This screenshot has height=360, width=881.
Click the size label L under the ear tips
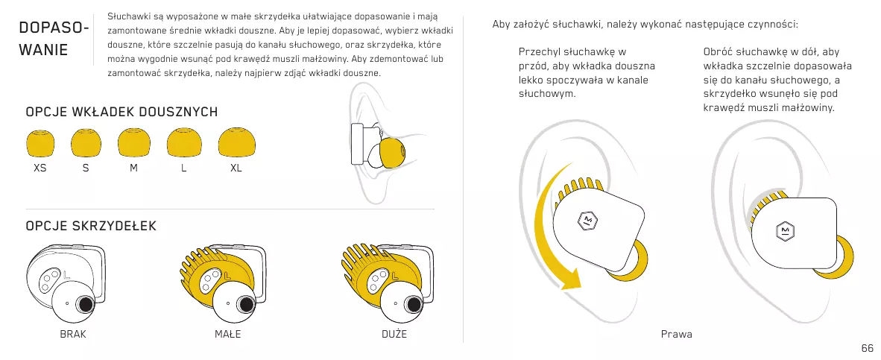pyautogui.click(x=183, y=168)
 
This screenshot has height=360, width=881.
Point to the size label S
pyautogui.click(x=86, y=168)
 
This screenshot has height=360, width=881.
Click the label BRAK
pyautogui.click(x=73, y=334)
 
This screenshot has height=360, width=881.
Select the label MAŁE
pyautogui.click(x=228, y=334)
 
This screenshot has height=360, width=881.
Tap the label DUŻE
pyautogui.click(x=394, y=334)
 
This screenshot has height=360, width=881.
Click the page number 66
pyautogui.click(x=867, y=348)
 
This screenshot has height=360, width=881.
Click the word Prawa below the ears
pyautogui.click(x=677, y=334)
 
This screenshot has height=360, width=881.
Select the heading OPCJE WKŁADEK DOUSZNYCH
pyautogui.click(x=121, y=112)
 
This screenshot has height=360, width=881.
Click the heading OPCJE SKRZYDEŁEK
pyautogui.click(x=91, y=225)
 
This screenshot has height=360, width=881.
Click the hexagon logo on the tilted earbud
pyautogui.click(x=587, y=219)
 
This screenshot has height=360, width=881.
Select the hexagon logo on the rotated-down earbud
pyautogui.click(x=785, y=231)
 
